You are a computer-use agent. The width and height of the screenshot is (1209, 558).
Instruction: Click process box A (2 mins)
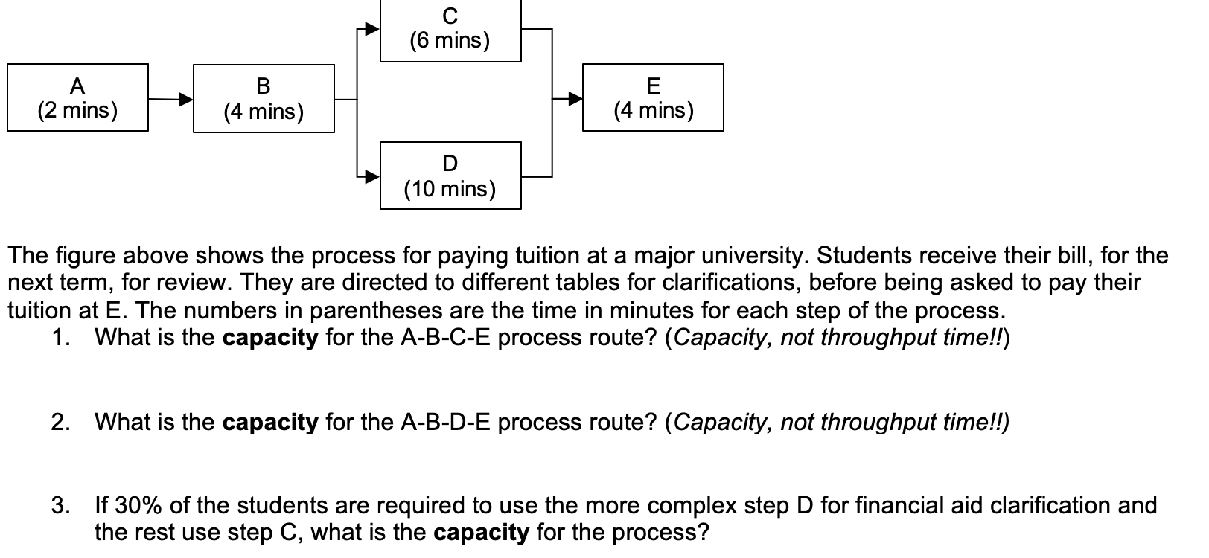click(x=77, y=97)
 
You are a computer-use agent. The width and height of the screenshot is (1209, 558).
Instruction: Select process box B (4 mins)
click(x=264, y=99)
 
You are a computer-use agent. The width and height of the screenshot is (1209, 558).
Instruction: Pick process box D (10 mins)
click(x=450, y=176)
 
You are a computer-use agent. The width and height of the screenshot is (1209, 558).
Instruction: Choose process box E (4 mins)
click(x=653, y=97)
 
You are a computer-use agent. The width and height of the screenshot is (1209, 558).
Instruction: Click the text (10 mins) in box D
click(x=450, y=189)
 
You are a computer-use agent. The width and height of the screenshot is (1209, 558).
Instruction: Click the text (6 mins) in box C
click(x=450, y=40)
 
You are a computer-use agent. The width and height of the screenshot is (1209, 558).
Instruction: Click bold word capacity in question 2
click(x=270, y=423)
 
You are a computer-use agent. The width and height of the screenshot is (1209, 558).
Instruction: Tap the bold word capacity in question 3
click(x=481, y=533)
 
